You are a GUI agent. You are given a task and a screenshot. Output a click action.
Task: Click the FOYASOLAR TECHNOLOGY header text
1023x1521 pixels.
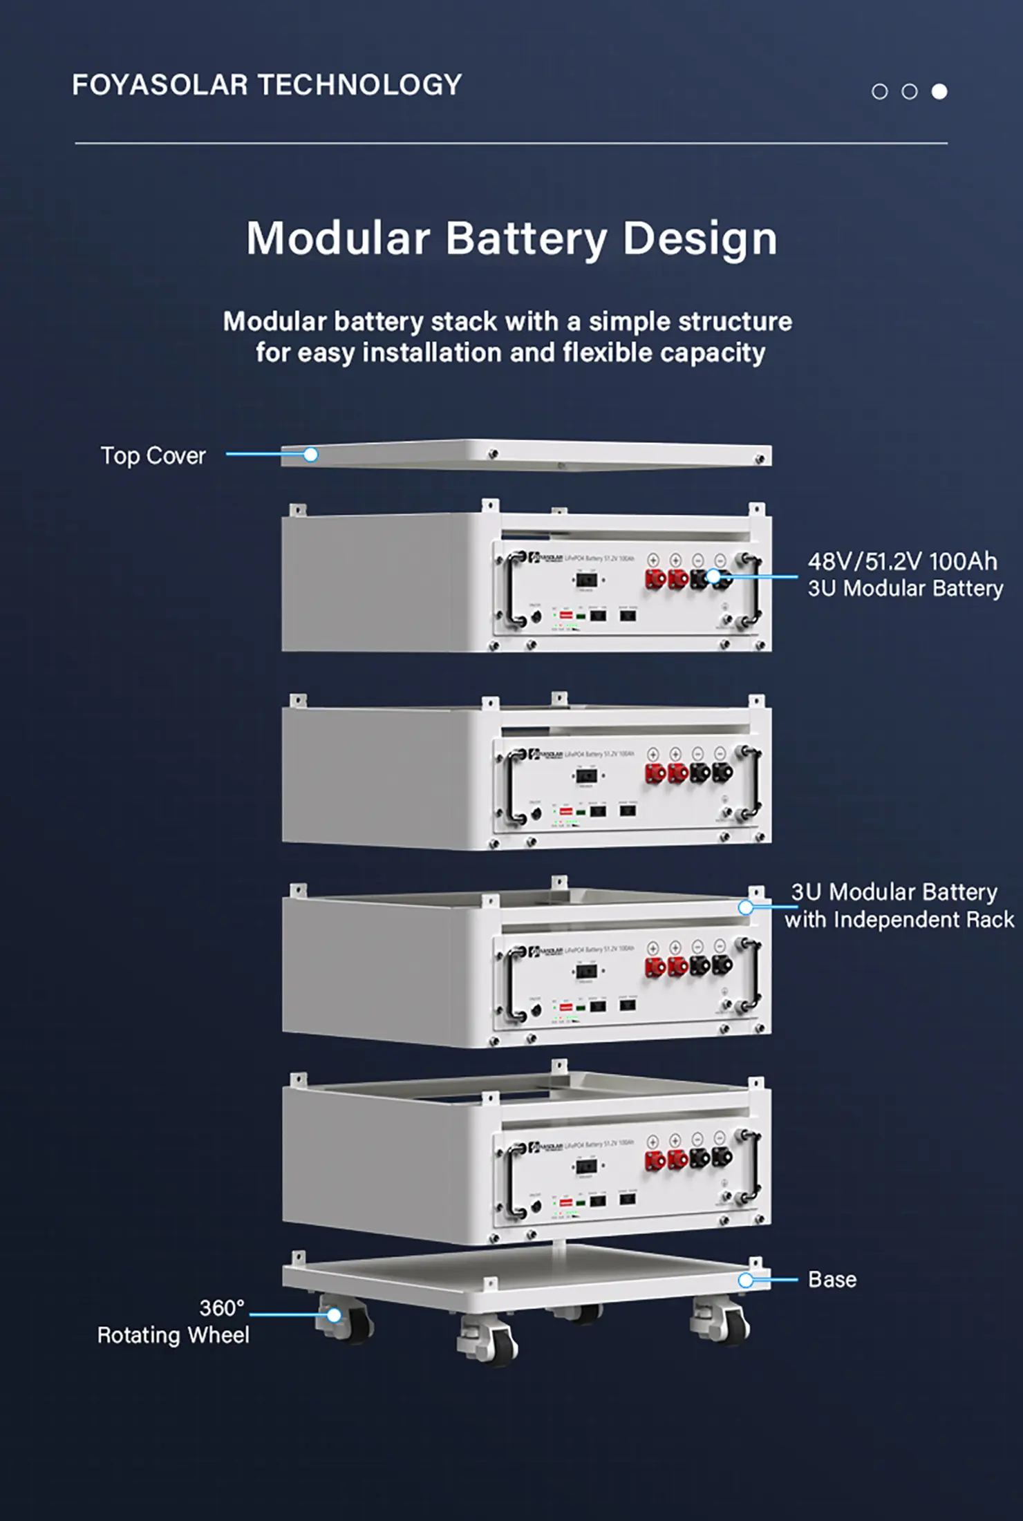point(267,85)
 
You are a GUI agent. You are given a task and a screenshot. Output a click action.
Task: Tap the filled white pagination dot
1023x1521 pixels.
point(939,91)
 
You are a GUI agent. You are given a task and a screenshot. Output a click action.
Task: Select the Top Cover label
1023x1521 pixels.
point(153,456)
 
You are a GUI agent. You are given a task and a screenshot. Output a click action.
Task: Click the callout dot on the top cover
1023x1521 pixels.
point(311,455)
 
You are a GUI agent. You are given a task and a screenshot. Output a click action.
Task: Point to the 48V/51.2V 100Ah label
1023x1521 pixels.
point(902,562)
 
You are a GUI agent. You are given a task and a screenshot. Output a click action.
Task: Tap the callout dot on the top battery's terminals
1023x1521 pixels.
point(713,576)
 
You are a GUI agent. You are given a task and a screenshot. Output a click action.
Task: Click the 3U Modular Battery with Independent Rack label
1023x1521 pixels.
point(899,906)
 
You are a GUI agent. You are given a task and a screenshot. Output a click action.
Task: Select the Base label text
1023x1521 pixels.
point(832,1280)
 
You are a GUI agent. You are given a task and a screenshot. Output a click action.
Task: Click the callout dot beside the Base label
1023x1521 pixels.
point(745,1281)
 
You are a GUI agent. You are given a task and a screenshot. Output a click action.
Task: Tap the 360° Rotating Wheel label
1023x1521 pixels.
point(173,1322)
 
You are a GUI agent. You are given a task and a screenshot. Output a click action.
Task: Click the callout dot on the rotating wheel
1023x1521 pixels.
point(334,1315)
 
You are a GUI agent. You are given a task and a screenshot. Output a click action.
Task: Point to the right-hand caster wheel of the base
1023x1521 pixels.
point(722,1325)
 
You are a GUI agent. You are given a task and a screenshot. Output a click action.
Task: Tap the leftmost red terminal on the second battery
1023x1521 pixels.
point(655,773)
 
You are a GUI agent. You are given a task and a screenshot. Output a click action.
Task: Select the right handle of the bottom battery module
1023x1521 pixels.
point(755,1168)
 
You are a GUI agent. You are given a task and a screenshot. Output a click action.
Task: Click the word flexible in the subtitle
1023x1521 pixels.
point(608,353)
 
